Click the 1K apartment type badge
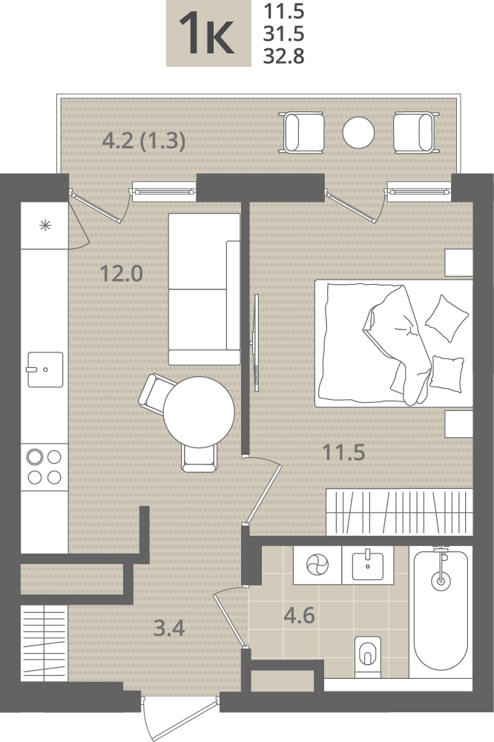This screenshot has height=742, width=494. pos(208,33)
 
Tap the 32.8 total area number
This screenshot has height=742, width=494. pos(283,56)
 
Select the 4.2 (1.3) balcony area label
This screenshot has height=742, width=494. pos(144,141)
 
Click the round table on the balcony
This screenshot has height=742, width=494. pos(359,133)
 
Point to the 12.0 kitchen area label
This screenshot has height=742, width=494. pos(122,274)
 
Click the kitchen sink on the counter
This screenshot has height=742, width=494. pos(45,370)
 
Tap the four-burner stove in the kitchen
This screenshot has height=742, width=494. pos(45,467)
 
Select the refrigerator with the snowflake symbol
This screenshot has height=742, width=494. pos(45,226)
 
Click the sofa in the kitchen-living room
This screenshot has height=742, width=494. pos(205,289)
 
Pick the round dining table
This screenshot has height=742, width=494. pos(200,412)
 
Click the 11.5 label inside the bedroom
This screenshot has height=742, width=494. pos(343,453)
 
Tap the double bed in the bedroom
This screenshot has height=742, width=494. pos(394,344)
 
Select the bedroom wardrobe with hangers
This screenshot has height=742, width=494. pos(400,513)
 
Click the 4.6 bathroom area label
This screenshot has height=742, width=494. pos(300,616)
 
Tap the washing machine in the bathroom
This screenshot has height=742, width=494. pos(317,565)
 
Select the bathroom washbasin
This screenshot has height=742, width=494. pos(368,565)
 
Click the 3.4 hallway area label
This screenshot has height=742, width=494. pos(169,628)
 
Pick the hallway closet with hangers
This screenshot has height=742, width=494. pos(44,643)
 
